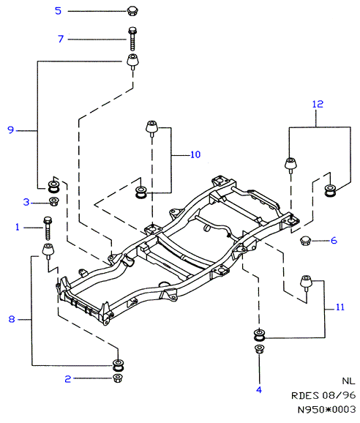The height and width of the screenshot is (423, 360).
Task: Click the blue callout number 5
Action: (59, 11)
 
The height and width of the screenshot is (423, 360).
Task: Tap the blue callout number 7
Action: (61, 39)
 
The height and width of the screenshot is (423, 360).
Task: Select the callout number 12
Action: (318, 104)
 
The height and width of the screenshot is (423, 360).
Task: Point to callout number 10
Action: (195, 154)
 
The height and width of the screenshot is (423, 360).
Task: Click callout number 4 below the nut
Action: (259, 389)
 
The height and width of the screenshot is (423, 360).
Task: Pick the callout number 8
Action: (12, 319)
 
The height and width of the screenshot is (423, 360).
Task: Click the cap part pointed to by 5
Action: (132, 11)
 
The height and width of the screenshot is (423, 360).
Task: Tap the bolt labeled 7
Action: (132, 39)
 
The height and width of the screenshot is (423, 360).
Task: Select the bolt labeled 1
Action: (48, 228)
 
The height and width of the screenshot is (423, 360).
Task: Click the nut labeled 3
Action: (54, 201)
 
